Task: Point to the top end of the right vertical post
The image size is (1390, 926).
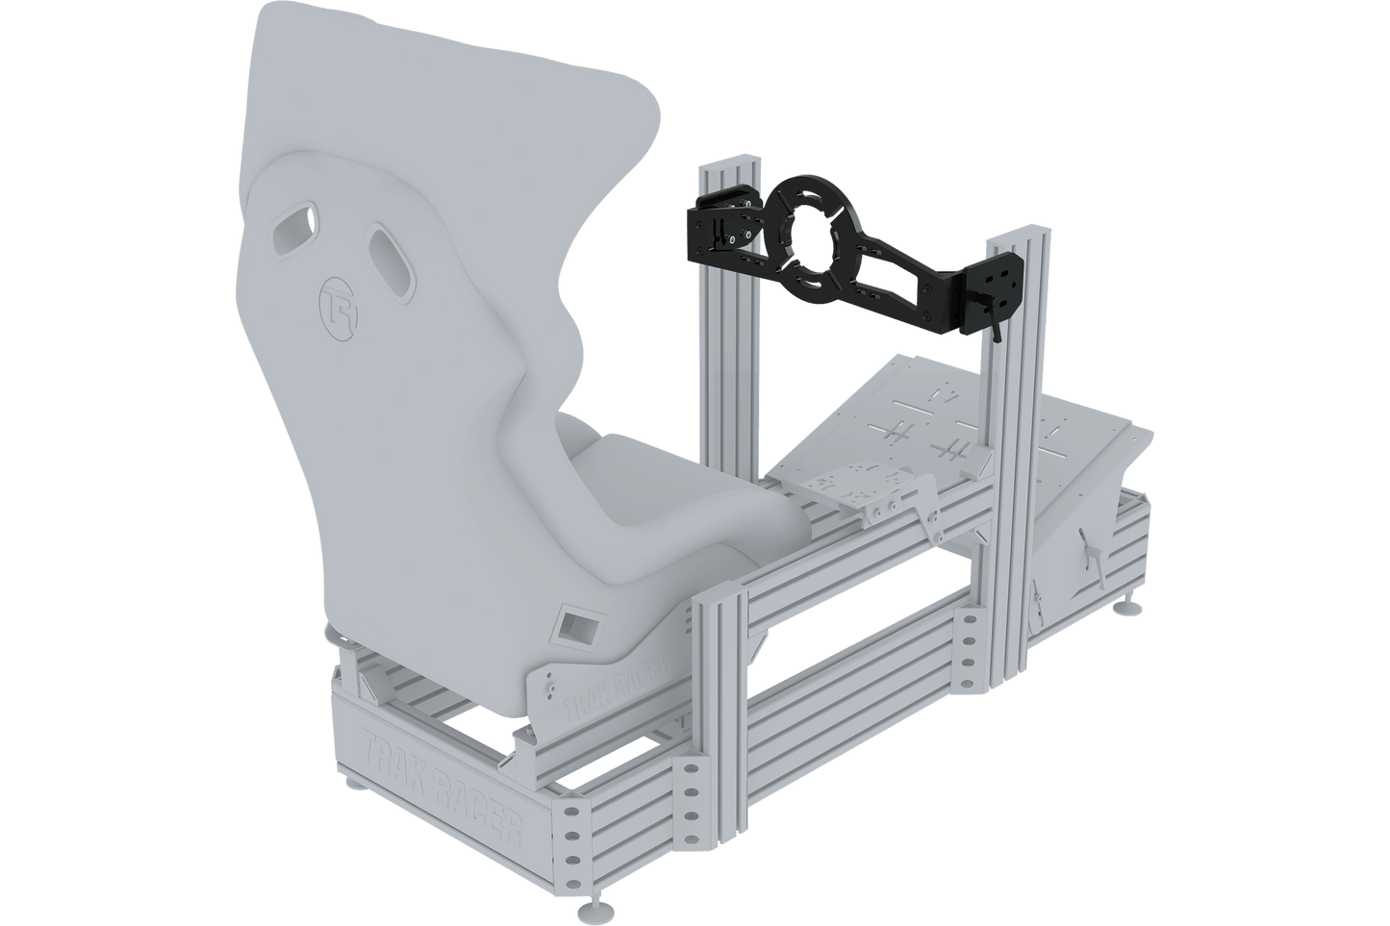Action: click(1022, 235)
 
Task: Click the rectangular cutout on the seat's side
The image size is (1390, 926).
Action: click(574, 627)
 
